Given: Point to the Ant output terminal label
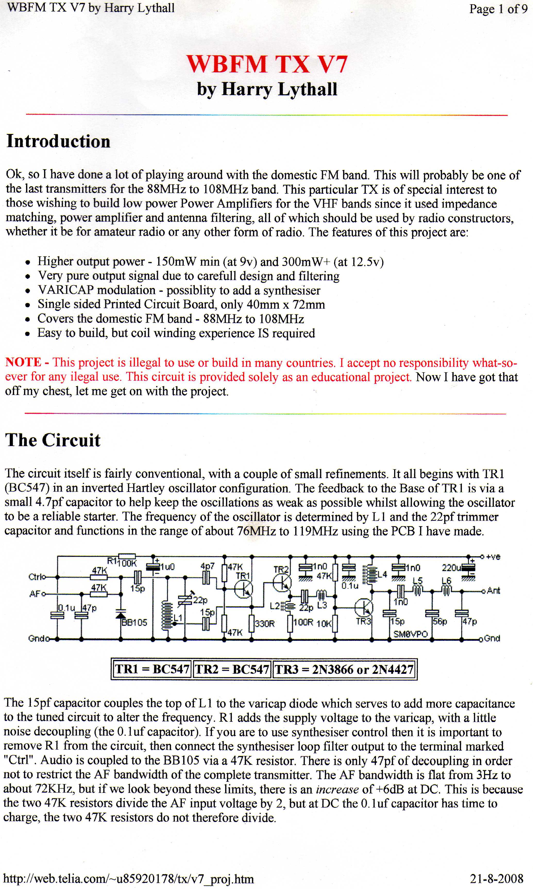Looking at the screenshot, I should pyautogui.click(x=494, y=591).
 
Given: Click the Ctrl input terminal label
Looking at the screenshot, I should pyautogui.click(x=36, y=577).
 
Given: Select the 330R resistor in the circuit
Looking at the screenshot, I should pyautogui.click(x=252, y=623).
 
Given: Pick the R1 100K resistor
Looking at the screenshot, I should pyautogui.click(x=127, y=556).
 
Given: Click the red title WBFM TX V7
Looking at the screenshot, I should pyautogui.click(x=267, y=64).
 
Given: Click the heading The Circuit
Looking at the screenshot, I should pyautogui.click(x=53, y=440).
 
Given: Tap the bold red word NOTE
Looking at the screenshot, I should pyautogui.click(x=23, y=362).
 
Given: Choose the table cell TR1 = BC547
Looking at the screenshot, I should pyautogui.click(x=152, y=669).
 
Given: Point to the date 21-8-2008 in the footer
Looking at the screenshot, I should pyautogui.click(x=496, y=879).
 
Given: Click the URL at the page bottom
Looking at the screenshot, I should pyautogui.click(x=128, y=879).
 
